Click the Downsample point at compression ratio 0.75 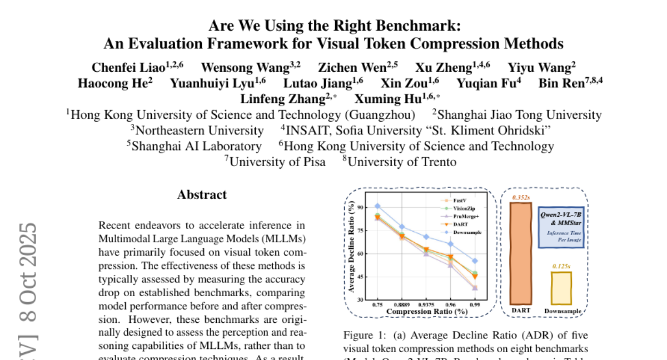tap(377, 206)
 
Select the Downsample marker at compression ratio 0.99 tap(475, 261)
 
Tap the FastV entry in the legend tap(460, 199)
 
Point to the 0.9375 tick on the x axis tap(426, 305)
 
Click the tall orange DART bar tap(521, 253)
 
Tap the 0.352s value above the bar tap(521, 197)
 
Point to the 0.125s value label tap(561, 266)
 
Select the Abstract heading tap(202, 195)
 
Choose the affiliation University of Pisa tap(267, 162)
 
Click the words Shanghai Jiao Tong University tap(517, 115)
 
